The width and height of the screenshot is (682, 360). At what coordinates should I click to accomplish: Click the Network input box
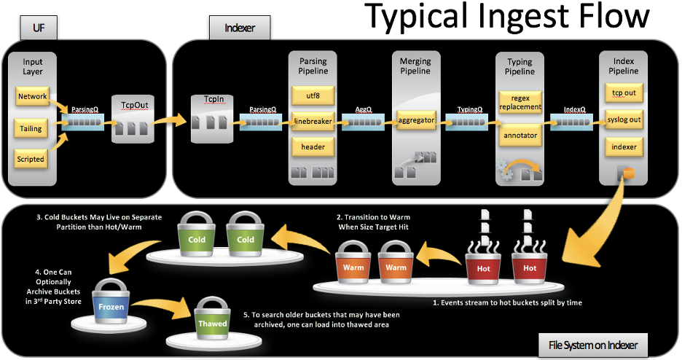coord(33,96)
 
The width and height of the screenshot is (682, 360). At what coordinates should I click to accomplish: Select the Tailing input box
coord(33,128)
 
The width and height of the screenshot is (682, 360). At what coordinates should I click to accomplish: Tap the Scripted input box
coord(33,159)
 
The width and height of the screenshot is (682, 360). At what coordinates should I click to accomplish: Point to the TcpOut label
coord(133,104)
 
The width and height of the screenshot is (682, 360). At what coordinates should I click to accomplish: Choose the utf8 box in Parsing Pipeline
coord(313,96)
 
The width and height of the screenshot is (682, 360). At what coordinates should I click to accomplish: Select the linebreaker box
coord(313,121)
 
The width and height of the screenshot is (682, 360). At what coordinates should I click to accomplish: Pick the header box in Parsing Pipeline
coord(313,146)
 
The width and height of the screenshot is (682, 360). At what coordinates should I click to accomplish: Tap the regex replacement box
coord(520,102)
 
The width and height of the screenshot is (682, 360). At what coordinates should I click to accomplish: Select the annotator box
coord(520,135)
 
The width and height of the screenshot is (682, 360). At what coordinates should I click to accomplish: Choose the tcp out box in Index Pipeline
coord(623,93)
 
